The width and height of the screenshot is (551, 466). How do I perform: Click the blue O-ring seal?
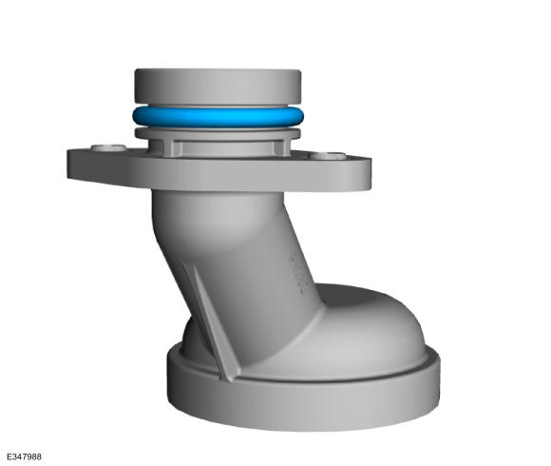pos(218,117)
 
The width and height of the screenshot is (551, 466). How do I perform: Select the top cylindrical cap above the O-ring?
pos(218,87)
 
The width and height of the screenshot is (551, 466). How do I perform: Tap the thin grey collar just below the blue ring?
pos(218,134)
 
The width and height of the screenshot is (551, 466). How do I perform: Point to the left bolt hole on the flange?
pos(108,147)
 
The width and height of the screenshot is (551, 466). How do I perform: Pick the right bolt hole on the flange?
pos(328,156)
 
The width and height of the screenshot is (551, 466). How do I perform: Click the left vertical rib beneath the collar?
pos(168,147)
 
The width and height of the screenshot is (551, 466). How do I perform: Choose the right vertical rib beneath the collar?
pos(278,147)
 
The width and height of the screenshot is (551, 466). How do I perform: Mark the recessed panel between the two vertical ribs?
pos(224,148)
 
